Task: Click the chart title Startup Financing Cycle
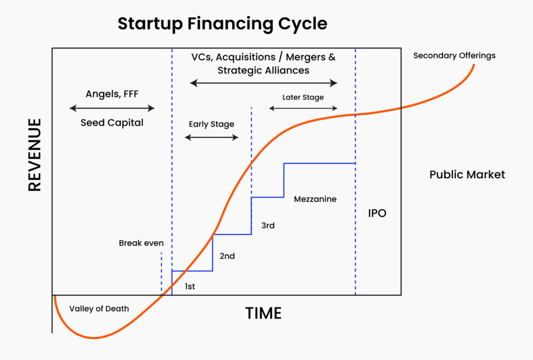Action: [x=222, y=24]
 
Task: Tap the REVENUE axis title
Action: [x=35, y=155]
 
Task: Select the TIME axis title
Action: [x=263, y=314]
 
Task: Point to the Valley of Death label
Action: [x=99, y=308]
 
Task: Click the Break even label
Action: [x=141, y=243]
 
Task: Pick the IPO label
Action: [x=377, y=214]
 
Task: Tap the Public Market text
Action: [x=467, y=175]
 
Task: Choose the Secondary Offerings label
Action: [x=454, y=56]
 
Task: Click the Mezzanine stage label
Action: [x=315, y=199]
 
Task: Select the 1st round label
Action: [x=189, y=287]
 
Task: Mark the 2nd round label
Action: [x=227, y=256]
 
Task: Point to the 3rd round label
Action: [x=268, y=225]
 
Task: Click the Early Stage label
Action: [x=211, y=125]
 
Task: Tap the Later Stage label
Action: [x=303, y=97]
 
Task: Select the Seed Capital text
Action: [x=112, y=123]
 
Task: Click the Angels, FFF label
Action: [x=112, y=94]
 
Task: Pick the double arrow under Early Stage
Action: [x=211, y=138]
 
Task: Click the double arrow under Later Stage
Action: [x=303, y=108]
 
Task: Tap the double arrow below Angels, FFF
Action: [x=112, y=108]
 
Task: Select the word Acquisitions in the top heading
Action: [x=246, y=57]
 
